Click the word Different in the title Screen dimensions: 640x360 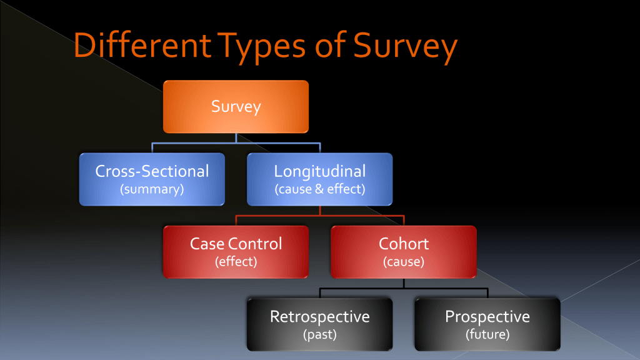point(142,44)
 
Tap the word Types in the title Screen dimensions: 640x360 point(261,47)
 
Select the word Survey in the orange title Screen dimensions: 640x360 point(405,47)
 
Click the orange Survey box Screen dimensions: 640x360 point(236,106)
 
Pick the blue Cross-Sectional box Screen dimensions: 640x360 point(152,179)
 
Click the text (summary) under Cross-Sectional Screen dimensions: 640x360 point(152,189)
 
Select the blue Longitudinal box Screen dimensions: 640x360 point(319,179)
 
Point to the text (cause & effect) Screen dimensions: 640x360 point(319,189)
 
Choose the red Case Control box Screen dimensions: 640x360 point(236,252)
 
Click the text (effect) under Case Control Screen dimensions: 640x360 point(236,262)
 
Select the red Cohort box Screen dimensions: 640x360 point(404,252)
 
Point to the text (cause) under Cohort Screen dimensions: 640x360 point(404,262)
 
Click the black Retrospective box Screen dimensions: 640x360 point(319,324)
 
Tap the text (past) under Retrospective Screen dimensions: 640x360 point(319,335)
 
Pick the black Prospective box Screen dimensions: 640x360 point(487,324)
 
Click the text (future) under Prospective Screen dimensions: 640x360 point(487,335)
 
